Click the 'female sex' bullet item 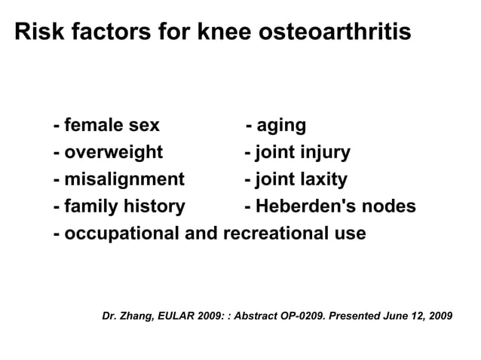click(111, 125)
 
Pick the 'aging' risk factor click(280, 125)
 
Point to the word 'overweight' click(113, 153)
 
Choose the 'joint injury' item click(302, 153)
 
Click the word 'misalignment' click(124, 180)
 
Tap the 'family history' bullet click(124, 206)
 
